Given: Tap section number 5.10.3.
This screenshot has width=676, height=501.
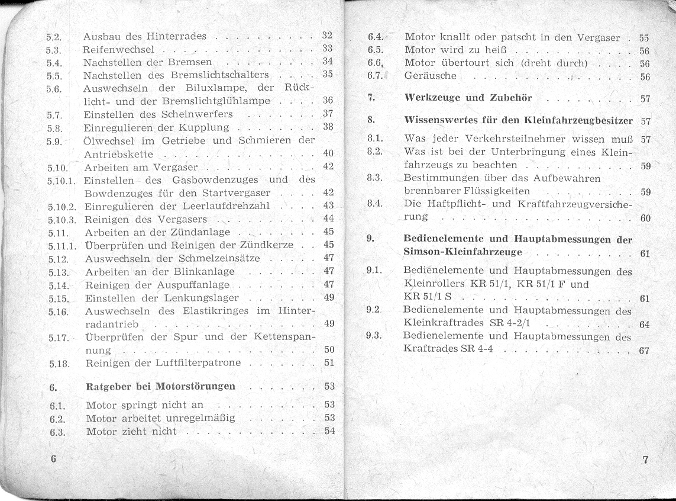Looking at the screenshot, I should (62, 219).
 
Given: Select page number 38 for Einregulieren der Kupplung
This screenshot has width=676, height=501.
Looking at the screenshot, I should (329, 127).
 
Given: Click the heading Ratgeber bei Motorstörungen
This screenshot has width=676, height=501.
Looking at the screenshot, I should (160, 387).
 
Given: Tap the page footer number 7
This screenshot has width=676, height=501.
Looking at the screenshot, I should (645, 460).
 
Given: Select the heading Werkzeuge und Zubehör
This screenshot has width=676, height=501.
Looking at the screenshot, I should (468, 98).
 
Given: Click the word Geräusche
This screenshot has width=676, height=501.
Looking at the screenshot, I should (430, 76).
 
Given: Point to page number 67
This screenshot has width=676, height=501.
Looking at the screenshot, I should (644, 350).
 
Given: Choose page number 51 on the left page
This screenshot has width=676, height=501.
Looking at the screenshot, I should (329, 362).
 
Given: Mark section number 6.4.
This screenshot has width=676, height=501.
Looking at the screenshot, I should (376, 37).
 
